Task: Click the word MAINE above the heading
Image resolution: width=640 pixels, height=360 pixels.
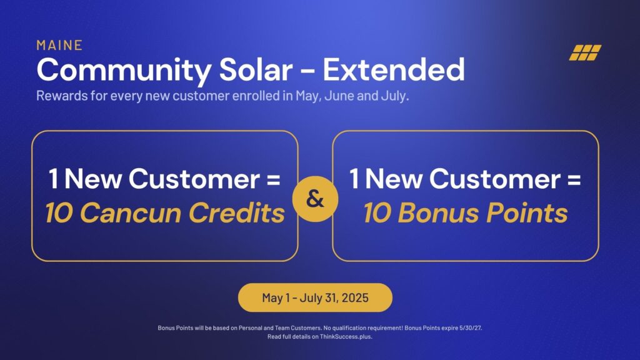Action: click(59, 45)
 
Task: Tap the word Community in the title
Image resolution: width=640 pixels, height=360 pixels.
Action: click(124, 71)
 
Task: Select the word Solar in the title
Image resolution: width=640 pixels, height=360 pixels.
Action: click(256, 69)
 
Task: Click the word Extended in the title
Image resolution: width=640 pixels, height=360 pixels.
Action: click(394, 69)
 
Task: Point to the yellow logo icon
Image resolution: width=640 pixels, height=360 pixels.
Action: click(585, 52)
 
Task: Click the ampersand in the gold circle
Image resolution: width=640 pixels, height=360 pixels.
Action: click(315, 199)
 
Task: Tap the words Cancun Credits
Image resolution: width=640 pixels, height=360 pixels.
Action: click(182, 213)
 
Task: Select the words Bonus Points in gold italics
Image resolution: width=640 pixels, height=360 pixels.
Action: click(482, 213)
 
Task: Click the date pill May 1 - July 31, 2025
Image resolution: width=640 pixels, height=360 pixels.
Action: click(315, 297)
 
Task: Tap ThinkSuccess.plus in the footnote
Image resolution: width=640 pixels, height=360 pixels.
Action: click(346, 337)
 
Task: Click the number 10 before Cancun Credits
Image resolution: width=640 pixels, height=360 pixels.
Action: click(59, 213)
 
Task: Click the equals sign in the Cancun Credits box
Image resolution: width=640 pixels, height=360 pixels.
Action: click(274, 179)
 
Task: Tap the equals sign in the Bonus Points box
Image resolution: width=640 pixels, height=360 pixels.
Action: click(574, 179)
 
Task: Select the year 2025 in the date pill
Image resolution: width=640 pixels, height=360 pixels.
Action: click(355, 297)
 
